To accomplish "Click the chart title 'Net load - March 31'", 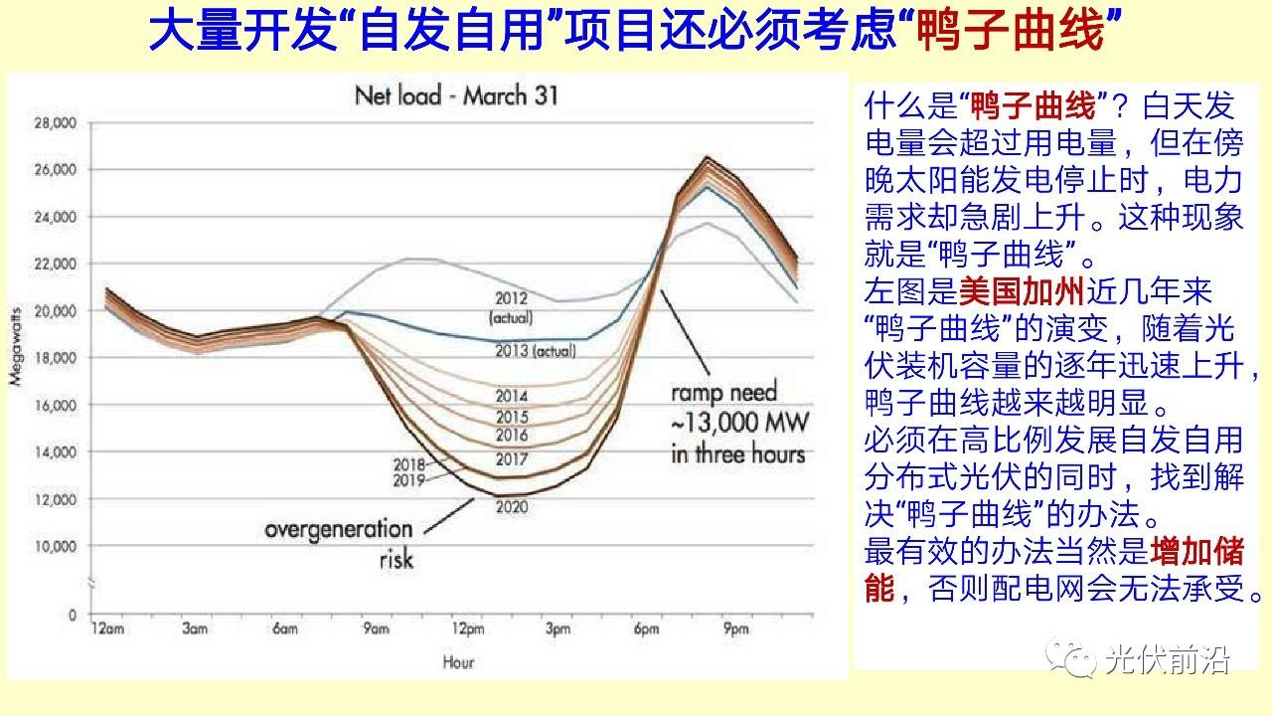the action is [x=456, y=95].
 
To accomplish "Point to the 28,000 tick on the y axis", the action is [x=55, y=122].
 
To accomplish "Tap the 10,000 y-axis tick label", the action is [x=55, y=546].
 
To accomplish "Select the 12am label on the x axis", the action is [x=107, y=628].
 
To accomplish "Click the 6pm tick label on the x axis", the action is [x=647, y=628].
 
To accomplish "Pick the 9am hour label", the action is [x=377, y=628].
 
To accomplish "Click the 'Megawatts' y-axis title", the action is [x=17, y=347].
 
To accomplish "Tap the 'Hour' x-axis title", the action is [x=458, y=662].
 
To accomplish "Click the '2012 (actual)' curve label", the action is [x=511, y=308].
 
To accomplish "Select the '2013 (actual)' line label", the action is [x=536, y=351].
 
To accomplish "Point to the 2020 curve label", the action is [x=512, y=506].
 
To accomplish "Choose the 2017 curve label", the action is [x=512, y=459].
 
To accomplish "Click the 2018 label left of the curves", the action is [x=408, y=464].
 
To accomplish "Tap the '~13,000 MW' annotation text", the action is [x=739, y=423].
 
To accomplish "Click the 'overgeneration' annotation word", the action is [x=339, y=529].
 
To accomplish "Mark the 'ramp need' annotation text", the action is [x=724, y=392].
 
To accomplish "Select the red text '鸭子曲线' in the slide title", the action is [x=1011, y=30].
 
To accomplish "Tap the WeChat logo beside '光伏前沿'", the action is [x=1071, y=658].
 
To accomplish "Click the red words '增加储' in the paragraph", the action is [x=1197, y=551].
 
